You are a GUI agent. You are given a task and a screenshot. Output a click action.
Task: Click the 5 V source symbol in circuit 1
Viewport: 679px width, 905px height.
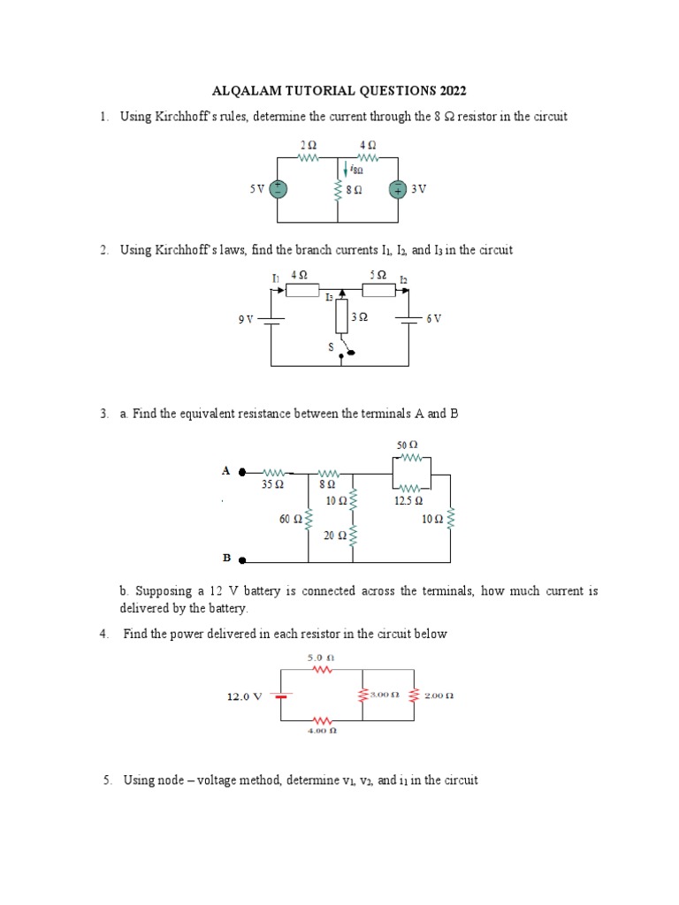[x=278, y=188]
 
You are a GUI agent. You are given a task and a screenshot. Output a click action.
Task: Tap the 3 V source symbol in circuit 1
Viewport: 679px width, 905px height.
[x=399, y=188]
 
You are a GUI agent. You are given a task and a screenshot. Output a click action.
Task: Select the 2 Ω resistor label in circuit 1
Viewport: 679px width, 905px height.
[x=309, y=144]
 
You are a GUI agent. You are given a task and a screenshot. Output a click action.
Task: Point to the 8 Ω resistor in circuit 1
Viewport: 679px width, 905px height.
[x=337, y=188]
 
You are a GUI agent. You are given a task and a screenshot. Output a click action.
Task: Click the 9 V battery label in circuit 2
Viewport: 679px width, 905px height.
[x=247, y=319]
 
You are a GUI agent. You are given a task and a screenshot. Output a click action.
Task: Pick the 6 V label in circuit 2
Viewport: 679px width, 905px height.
[x=433, y=319]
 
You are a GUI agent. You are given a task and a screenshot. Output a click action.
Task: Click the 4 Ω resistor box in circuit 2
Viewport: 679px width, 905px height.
[x=302, y=290]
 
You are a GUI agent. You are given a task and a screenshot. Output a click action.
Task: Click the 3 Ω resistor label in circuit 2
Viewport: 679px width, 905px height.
[x=360, y=316]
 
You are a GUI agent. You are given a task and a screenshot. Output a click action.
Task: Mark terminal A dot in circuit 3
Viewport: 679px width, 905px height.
[x=242, y=472]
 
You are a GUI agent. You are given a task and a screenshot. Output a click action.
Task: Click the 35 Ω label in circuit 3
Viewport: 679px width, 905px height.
[x=272, y=485]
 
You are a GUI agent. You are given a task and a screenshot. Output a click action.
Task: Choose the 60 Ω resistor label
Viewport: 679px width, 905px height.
[x=290, y=520]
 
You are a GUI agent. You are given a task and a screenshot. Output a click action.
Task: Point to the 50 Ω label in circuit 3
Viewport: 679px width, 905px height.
[x=408, y=445]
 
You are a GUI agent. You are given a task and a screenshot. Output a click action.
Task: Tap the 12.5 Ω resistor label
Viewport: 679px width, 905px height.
[x=410, y=500]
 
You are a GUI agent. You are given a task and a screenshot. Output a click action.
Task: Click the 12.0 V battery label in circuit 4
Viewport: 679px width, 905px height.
[x=245, y=696]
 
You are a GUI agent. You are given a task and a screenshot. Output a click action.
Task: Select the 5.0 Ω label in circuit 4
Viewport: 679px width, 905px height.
[x=320, y=658]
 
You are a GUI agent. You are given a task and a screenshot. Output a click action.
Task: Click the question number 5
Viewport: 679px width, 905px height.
[x=106, y=780]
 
